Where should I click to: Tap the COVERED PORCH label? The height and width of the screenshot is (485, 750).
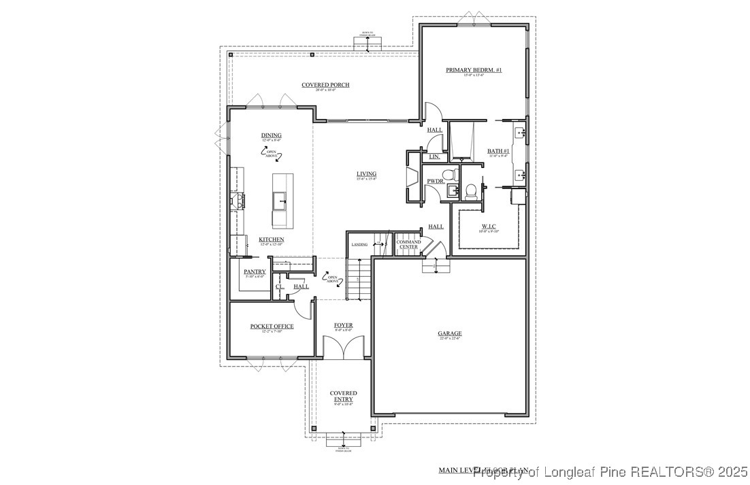coord(326,85)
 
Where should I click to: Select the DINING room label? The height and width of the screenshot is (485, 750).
coord(271,135)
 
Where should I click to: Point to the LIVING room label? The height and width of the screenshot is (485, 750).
coord(366,174)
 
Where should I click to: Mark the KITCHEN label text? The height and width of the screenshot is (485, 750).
coord(271,240)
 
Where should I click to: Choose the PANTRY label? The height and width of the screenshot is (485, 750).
coord(255,271)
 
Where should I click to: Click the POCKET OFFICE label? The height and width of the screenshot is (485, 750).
coord(272,327)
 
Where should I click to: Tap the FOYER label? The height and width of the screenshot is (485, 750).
coord(343,326)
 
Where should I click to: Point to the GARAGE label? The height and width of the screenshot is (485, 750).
coord(450,334)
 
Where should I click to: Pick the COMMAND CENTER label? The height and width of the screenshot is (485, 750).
coord(408,244)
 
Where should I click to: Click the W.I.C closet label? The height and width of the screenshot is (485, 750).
coord(489,227)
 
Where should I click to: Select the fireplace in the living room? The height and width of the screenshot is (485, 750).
coord(412,178)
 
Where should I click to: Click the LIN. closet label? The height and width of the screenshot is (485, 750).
coord(434,157)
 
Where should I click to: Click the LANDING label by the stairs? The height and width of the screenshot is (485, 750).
coord(359,244)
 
